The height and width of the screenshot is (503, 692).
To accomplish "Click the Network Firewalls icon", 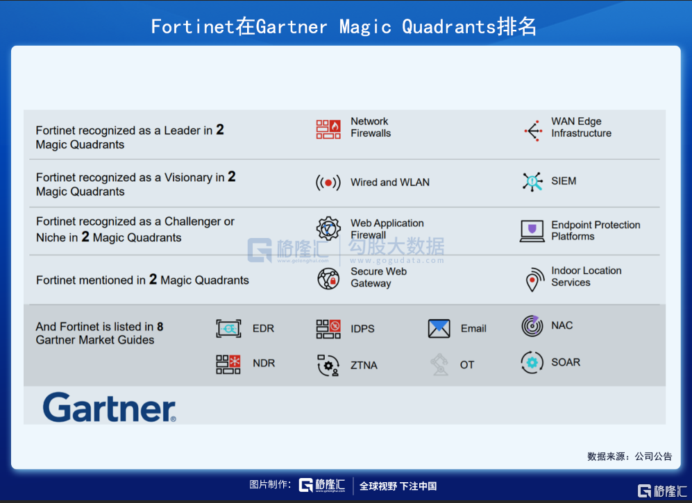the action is coord(328,129).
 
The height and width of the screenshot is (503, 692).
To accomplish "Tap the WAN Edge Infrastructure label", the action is coord(581,127).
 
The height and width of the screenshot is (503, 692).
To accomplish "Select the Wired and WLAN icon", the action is coord(328,182).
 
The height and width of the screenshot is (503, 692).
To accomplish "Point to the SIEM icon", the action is coord(532,181).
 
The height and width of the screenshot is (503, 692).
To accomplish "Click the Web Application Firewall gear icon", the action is coord(328,228).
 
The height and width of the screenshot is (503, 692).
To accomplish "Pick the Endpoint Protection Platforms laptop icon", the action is coord(532,231).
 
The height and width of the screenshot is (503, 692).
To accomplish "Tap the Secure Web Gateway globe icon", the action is coord(328,279).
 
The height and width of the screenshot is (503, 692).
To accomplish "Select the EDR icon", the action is coord(228,329).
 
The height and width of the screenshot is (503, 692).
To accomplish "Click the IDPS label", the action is coord(362,329).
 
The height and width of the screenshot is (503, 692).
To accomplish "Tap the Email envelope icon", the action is coord(439,329).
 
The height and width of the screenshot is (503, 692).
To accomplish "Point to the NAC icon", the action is coord(532,326).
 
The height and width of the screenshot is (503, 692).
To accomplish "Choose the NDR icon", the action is coord(228,364).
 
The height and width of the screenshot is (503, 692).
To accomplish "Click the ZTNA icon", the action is coord(328,366).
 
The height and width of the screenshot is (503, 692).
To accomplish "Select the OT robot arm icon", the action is coord(439,364).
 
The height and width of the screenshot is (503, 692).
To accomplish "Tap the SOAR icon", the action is coord(532,363).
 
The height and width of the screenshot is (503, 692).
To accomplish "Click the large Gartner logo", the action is coord(110,407).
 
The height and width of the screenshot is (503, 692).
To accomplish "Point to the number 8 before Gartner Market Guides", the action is coord(160,327).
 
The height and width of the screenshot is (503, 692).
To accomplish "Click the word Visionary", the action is coord(189,178).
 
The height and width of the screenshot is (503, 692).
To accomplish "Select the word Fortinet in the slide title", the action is coord(192,26).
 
